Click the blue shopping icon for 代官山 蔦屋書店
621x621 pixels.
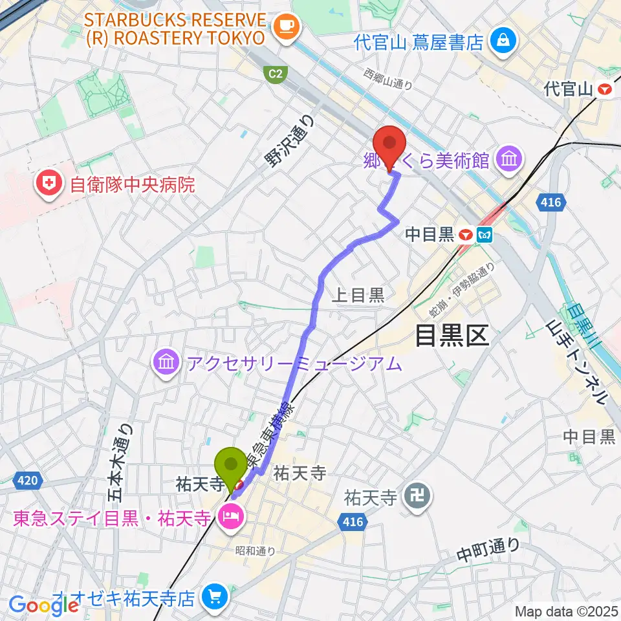[502, 41]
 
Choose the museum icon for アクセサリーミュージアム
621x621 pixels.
[167, 363]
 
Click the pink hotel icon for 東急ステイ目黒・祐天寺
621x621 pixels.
[230, 517]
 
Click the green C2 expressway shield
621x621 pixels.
[276, 75]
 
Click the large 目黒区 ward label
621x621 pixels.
[452, 335]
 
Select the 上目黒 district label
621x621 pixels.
[358, 296]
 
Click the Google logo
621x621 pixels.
[43, 605]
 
